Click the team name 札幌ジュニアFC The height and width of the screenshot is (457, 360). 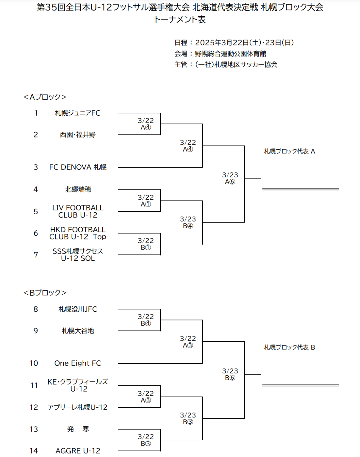point(78,113)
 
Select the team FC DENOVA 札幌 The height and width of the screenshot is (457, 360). point(78,167)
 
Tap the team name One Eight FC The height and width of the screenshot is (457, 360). point(78,363)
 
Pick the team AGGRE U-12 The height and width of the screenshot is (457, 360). point(78,451)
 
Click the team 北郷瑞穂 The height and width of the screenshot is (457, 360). point(78,189)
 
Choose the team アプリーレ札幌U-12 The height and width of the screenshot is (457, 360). point(77,407)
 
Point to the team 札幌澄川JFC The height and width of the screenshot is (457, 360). point(78,309)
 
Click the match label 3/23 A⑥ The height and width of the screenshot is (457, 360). point(230,178)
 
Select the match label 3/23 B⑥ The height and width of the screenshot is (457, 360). point(230,374)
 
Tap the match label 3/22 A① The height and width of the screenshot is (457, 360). point(146,201)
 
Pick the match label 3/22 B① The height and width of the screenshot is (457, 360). point(146,244)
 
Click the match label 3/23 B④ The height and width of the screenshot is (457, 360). point(188,222)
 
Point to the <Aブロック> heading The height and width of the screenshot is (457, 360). point(45,97)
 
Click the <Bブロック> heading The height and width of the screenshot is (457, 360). point(45,293)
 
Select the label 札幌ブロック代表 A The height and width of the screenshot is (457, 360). point(289,151)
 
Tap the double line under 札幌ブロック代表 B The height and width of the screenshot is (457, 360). point(300,385)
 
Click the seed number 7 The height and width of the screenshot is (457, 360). point(36,255)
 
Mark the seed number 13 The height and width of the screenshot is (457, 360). point(34,429)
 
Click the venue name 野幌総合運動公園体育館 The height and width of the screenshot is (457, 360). point(231,54)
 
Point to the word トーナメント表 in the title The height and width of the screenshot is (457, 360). point(180,20)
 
